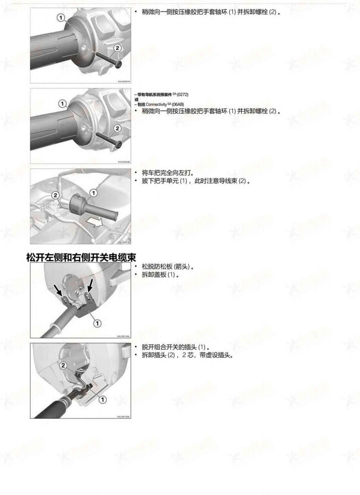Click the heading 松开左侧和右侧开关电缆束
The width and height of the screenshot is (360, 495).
tap(81, 258)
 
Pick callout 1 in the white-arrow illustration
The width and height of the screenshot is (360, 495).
tap(93, 193)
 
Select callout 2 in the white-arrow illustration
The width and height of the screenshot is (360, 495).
tap(55, 195)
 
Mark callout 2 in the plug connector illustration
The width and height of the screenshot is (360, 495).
tap(62, 366)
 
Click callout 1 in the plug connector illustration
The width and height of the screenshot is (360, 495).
tap(102, 399)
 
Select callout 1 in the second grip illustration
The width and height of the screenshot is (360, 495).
tap(63, 103)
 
